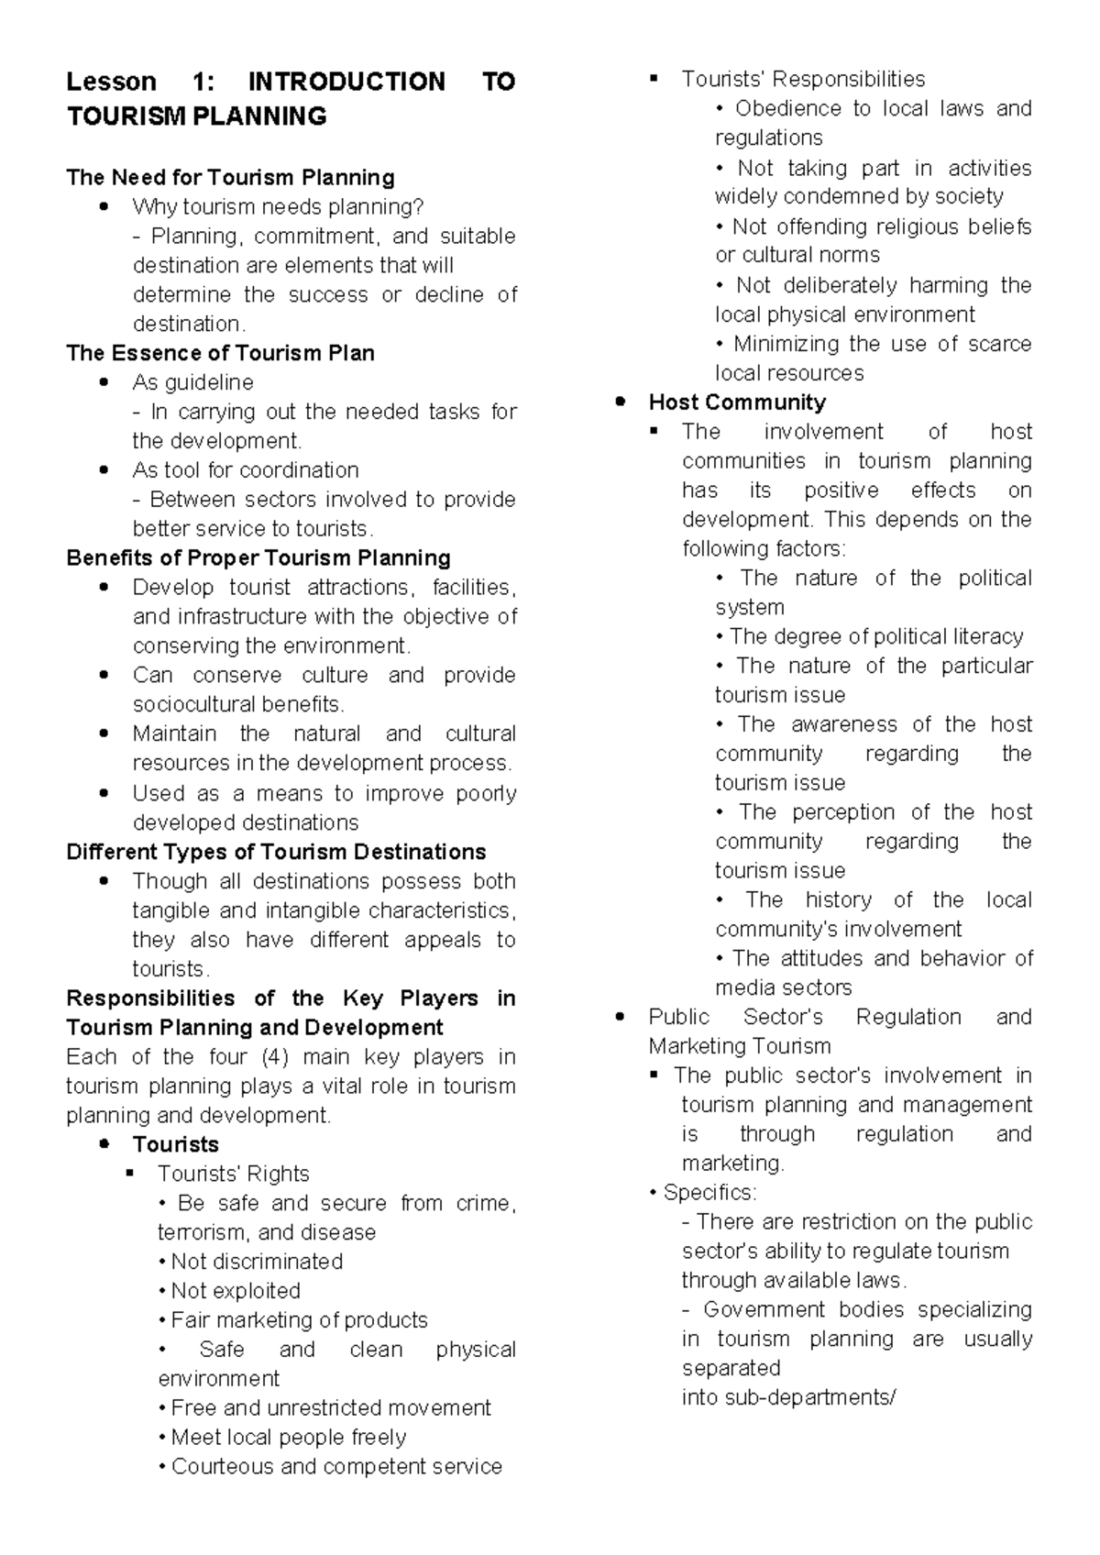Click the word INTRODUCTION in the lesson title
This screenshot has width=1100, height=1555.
coord(346,83)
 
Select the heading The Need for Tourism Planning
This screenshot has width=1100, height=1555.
coord(230,178)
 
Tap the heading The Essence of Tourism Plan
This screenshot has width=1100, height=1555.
coord(220,354)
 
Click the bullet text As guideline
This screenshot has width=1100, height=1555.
coord(192,382)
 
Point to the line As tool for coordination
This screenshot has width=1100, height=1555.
coord(245,470)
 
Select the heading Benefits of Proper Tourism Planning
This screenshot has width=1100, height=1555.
coord(258,558)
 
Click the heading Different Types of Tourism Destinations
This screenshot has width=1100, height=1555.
coord(276,852)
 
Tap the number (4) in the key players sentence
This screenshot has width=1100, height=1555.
coord(275,1057)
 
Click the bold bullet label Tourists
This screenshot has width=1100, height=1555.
coord(175,1145)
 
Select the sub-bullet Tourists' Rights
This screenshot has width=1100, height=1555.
coord(233,1175)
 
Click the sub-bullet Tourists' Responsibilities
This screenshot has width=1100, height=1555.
coord(802,80)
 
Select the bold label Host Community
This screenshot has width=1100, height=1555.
coord(736,403)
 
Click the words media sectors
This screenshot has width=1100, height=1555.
coord(783,988)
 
